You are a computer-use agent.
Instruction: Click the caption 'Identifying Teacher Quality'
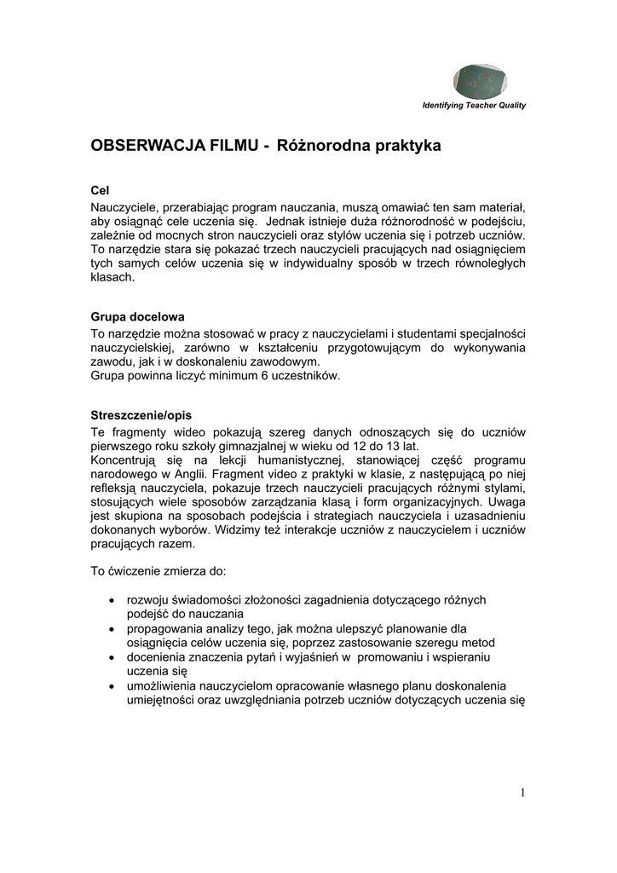point(474,106)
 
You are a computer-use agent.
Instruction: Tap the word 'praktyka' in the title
point(407,146)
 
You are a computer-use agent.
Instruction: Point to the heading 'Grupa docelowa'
point(137,315)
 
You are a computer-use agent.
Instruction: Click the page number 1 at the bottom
point(522,793)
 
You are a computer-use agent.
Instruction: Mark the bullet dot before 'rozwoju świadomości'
point(115,600)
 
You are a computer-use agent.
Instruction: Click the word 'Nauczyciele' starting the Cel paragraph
point(124,207)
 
